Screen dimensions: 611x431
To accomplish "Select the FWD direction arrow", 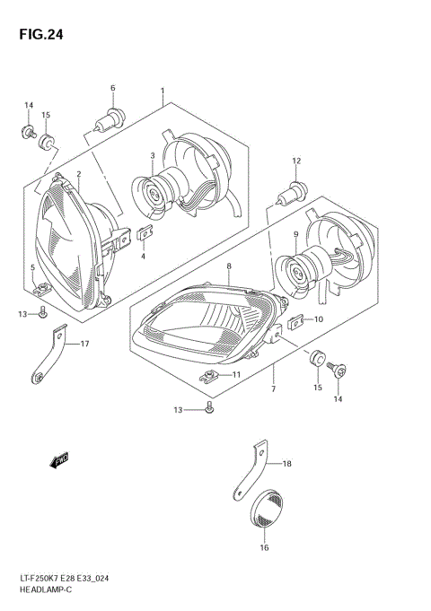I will (60, 461).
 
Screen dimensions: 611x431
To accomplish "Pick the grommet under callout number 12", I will (295, 191).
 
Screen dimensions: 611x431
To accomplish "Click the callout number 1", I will (163, 91).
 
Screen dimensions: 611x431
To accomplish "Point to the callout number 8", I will (230, 267).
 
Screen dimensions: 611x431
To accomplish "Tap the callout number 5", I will (32, 267).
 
